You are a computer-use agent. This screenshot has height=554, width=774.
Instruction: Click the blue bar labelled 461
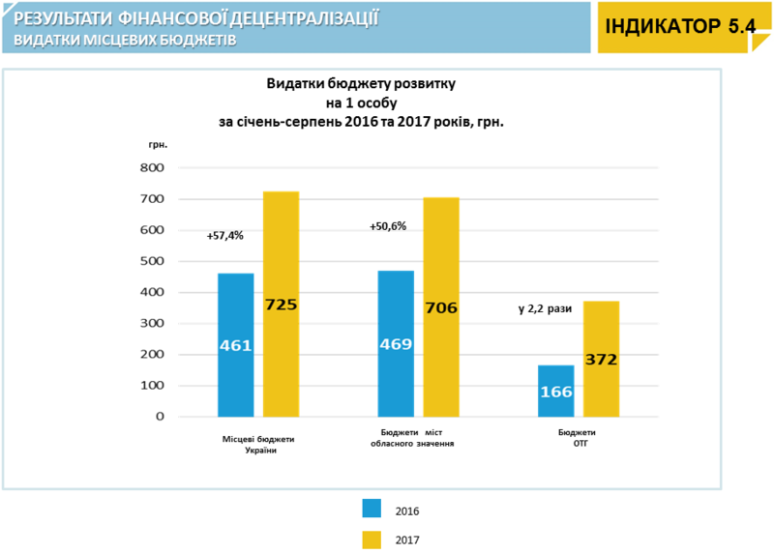coord(235,345)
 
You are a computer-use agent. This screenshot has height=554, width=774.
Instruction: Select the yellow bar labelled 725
coord(281,304)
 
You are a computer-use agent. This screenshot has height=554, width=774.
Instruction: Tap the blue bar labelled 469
coord(395,343)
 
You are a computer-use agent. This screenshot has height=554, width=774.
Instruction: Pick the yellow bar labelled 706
coord(441,307)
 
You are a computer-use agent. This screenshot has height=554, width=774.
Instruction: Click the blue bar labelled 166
coord(556,391)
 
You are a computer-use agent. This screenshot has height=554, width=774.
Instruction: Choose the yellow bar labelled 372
coord(601,359)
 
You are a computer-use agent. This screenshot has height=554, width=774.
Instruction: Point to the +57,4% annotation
coord(224,236)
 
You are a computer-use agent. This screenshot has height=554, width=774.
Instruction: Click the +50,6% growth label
coord(388,226)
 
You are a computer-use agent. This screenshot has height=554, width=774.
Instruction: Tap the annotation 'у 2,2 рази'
coord(545,309)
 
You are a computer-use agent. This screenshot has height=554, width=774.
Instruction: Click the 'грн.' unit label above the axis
coord(159,144)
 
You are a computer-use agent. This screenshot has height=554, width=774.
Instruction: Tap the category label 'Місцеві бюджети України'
coord(258,444)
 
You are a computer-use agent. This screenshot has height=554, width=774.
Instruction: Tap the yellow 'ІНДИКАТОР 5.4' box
coord(679,26)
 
